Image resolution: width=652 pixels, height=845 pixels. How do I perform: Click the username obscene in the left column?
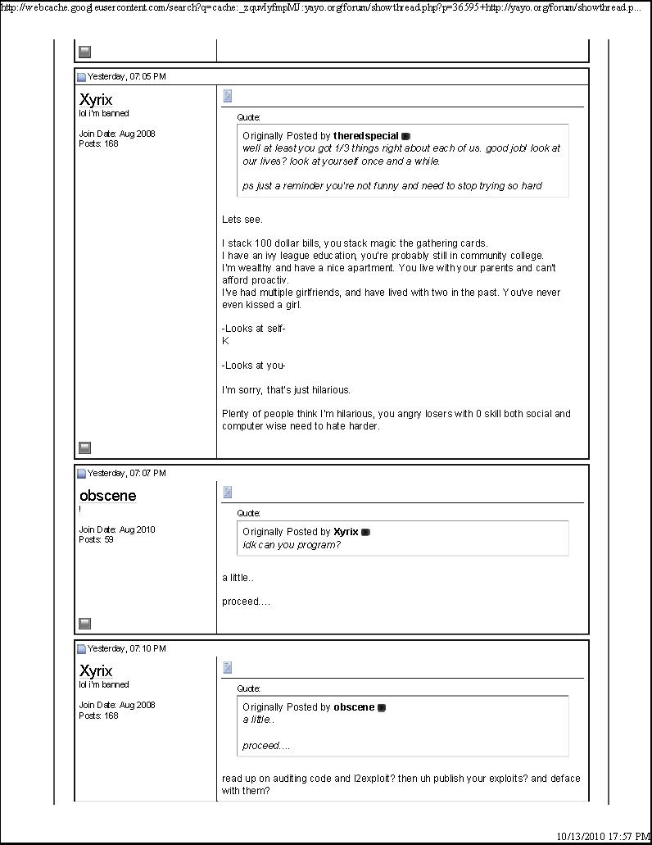coord(108,496)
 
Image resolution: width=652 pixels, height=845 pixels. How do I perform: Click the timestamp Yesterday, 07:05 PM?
coord(126,76)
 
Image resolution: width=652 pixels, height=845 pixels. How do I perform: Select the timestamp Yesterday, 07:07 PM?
coord(126,473)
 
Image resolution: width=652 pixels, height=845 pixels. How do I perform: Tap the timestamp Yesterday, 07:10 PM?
coord(126,648)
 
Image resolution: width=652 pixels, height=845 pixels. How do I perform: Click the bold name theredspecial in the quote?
coord(365,136)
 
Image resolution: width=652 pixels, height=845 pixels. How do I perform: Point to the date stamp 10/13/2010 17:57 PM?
coord(603,836)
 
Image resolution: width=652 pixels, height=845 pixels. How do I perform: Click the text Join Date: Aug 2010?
coord(116,529)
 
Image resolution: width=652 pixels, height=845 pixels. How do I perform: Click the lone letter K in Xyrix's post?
coord(225,341)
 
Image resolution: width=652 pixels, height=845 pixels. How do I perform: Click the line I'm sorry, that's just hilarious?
coord(286,390)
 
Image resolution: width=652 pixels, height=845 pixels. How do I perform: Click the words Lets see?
coord(242,220)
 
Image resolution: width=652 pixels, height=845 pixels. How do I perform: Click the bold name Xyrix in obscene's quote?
coord(346,532)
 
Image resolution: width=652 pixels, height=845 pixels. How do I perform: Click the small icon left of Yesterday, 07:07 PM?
coord(82,474)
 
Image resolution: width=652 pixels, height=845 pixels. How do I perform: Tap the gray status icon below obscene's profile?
coord(84,624)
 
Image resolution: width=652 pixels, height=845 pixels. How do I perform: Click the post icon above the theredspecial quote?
coord(228,96)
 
